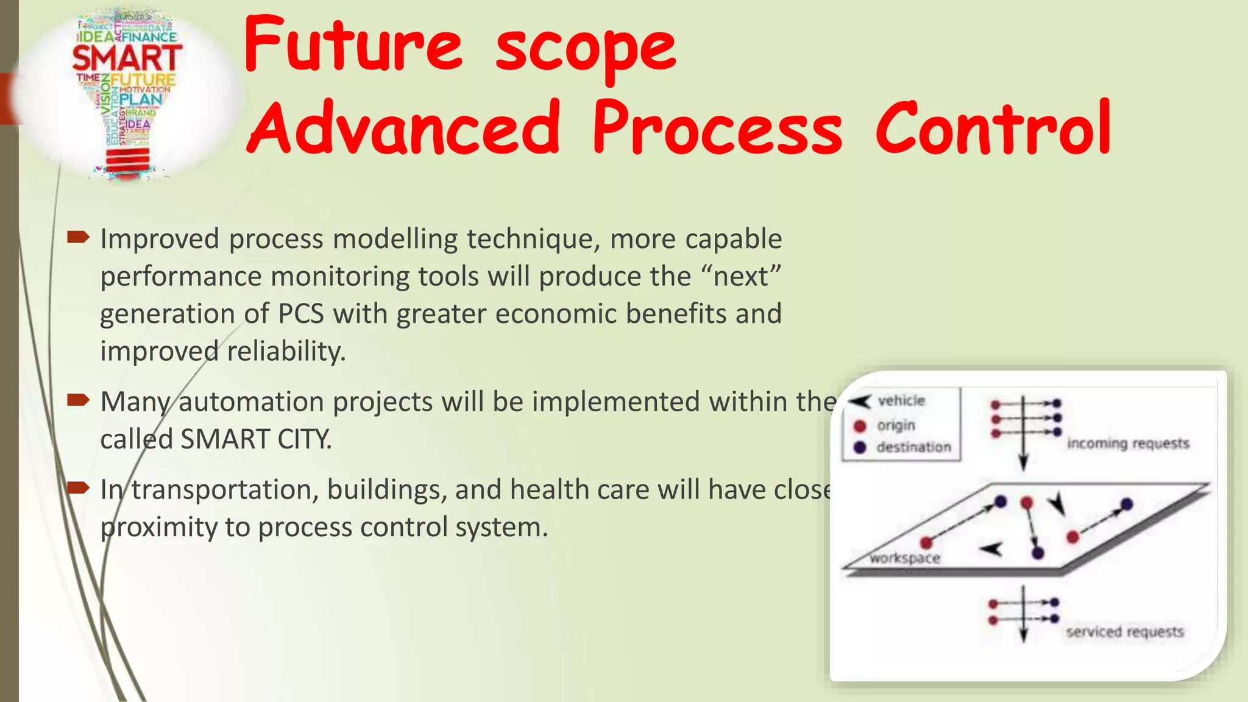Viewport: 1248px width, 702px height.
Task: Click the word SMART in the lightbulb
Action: tap(127, 58)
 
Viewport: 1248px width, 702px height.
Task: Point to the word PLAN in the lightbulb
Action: tap(141, 99)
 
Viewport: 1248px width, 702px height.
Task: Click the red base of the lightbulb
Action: tap(127, 160)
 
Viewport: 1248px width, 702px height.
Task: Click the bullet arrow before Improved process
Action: tap(79, 237)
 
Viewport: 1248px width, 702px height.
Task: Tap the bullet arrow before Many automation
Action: tap(79, 400)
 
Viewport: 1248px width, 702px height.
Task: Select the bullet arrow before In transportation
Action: tap(79, 487)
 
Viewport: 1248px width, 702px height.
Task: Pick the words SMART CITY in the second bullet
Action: tap(256, 439)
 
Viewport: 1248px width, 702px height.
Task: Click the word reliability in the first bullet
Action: tap(286, 352)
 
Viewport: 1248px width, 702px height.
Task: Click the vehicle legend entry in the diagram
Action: tap(901, 401)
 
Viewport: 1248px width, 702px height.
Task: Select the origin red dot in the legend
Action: tap(860, 425)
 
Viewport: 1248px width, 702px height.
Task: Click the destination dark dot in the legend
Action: tap(860, 447)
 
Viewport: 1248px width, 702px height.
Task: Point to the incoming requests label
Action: tap(1127, 444)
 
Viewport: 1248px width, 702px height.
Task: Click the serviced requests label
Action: tap(1125, 632)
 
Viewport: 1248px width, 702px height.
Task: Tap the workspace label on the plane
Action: tap(904, 558)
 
